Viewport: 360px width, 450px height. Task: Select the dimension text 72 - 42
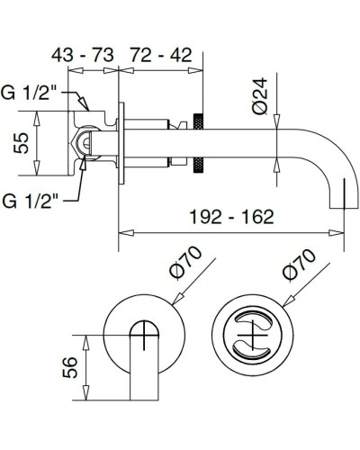click(162, 57)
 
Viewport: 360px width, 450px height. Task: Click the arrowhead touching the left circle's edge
click(172, 300)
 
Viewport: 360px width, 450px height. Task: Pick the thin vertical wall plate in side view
click(120, 144)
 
